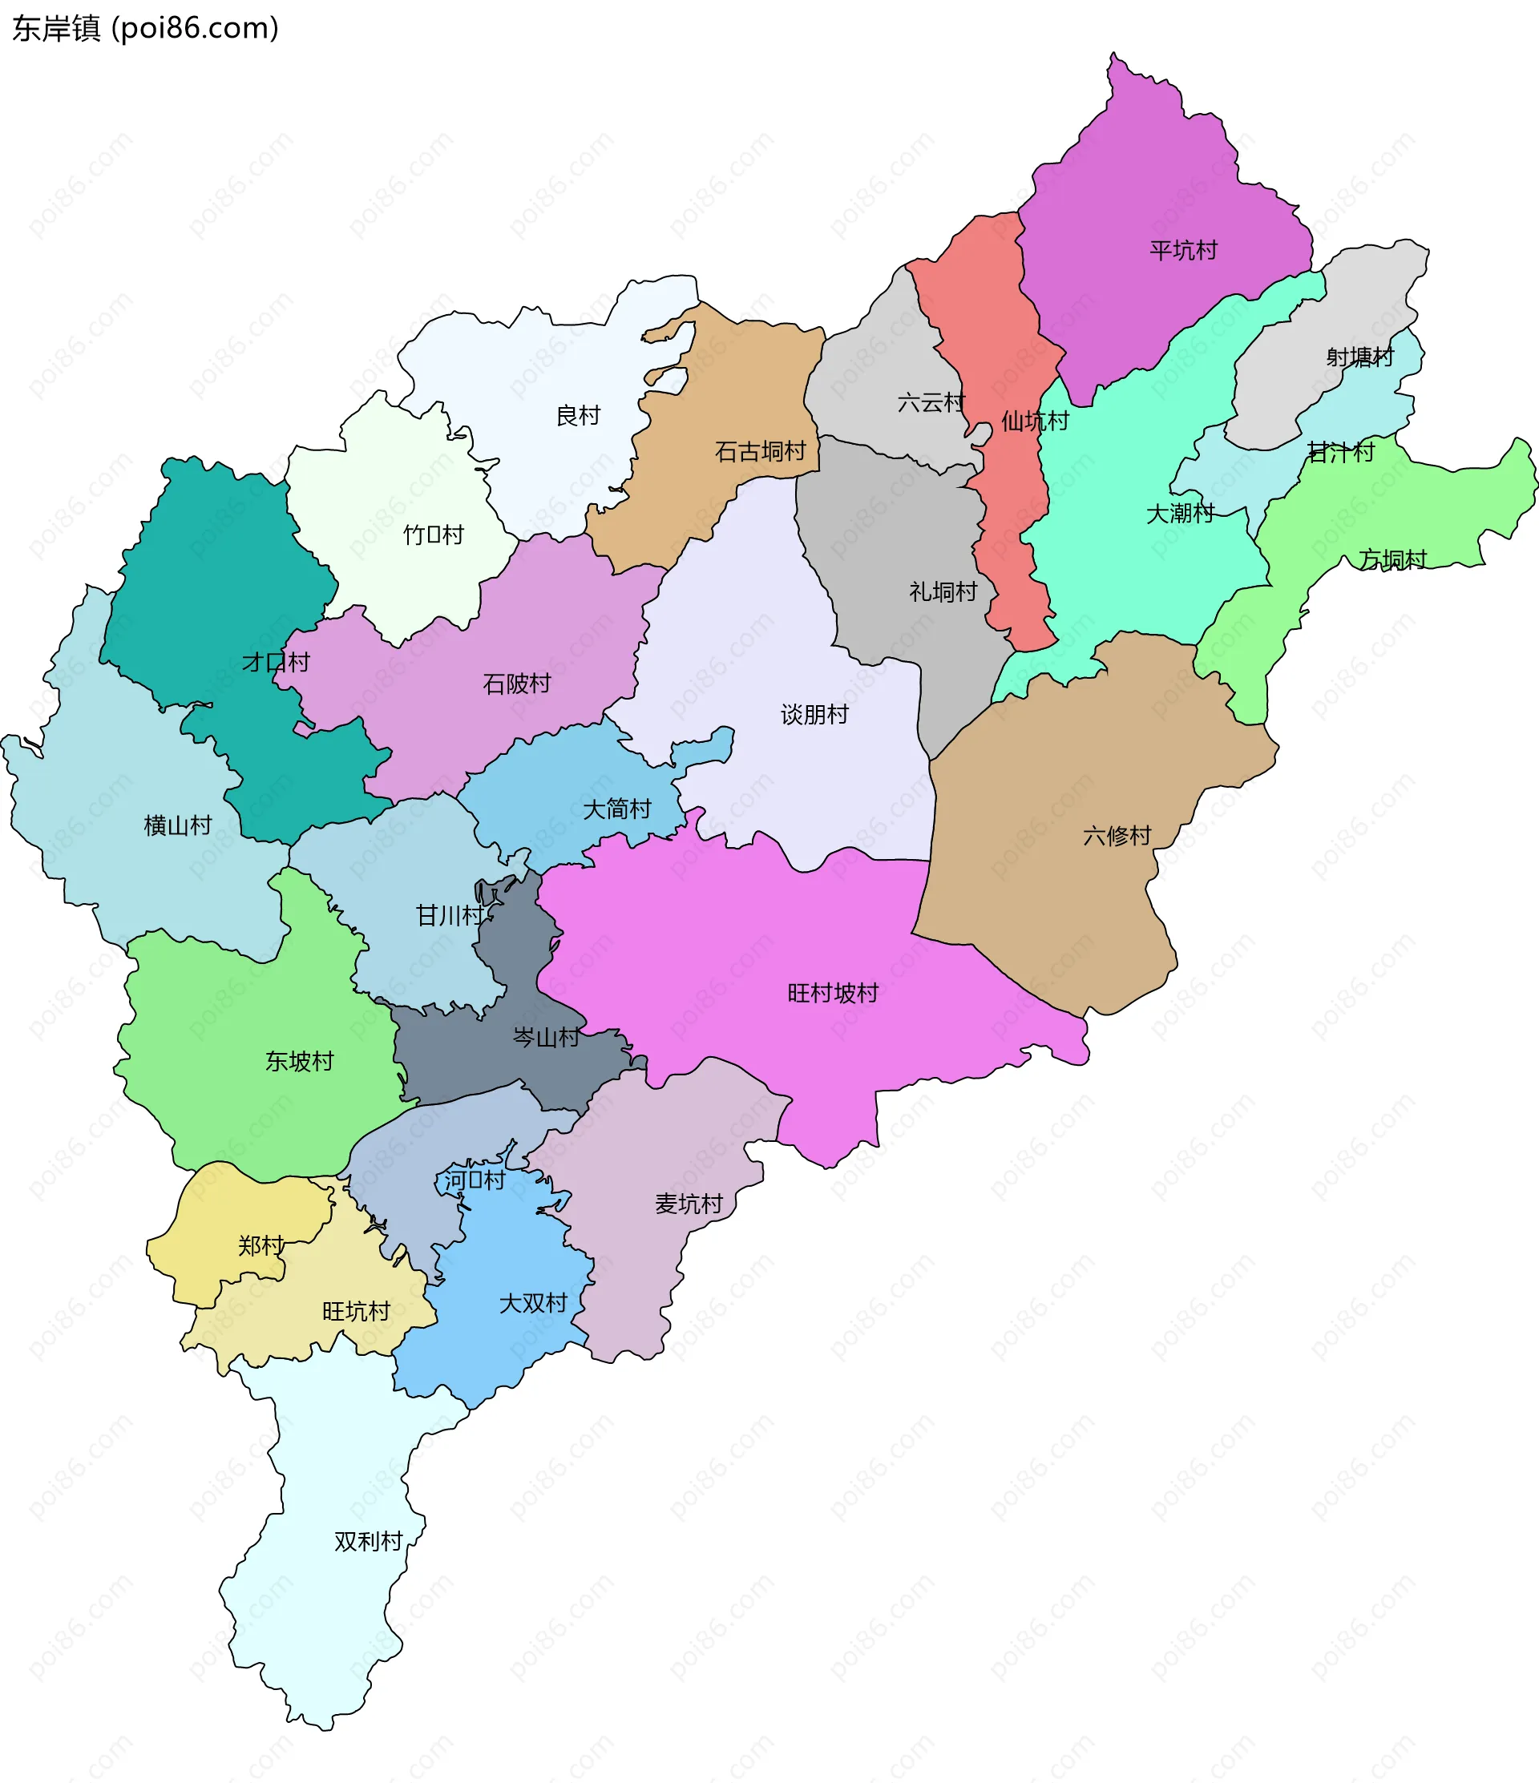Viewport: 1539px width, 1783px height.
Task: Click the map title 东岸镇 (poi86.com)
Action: click(x=145, y=28)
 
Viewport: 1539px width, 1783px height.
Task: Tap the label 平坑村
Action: click(x=1184, y=250)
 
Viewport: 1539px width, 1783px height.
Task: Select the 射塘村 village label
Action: click(x=1359, y=357)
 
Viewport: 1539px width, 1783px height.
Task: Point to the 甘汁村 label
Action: click(x=1340, y=452)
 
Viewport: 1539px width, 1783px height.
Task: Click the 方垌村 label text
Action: click(x=1392, y=559)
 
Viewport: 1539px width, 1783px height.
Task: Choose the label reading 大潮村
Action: click(x=1179, y=513)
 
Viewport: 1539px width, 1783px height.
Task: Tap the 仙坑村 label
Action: click(x=1035, y=421)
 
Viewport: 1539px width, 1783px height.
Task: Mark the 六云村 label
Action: click(x=931, y=401)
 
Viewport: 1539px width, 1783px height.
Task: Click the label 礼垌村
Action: click(x=943, y=591)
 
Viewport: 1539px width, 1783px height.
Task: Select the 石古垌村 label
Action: click(x=760, y=451)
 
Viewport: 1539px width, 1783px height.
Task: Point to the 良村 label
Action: click(x=578, y=416)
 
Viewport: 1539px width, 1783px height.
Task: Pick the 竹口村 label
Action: click(x=433, y=534)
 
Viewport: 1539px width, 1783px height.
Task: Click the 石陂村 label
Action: click(x=516, y=684)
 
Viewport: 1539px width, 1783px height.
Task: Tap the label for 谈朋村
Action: click(x=814, y=714)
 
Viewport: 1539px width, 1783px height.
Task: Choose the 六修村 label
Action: click(x=1117, y=836)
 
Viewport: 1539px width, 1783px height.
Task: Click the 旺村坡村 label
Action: click(x=832, y=993)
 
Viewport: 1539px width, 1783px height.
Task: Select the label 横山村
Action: click(x=177, y=825)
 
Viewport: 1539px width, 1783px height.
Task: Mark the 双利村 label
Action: click(x=369, y=1541)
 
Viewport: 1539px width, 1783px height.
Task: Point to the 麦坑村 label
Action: click(x=689, y=1204)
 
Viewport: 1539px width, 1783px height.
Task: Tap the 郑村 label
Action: click(x=261, y=1245)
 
